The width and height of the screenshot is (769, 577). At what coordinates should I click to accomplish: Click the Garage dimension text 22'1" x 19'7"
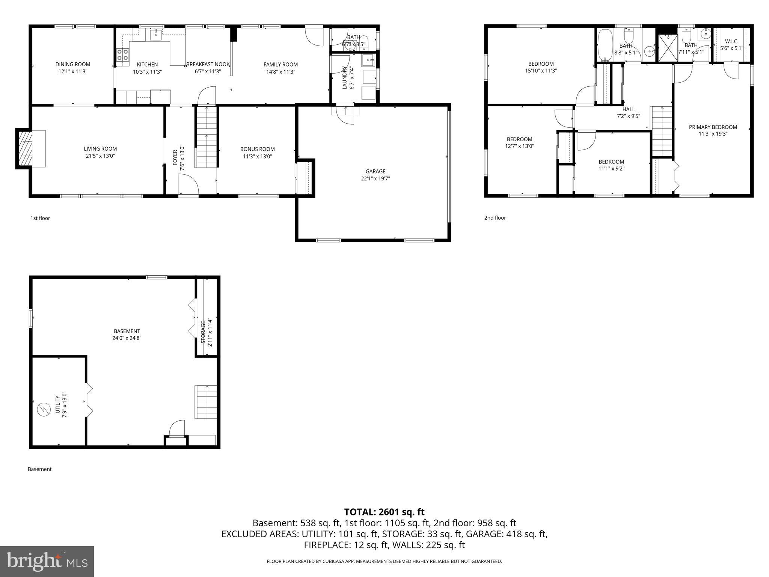tap(375, 178)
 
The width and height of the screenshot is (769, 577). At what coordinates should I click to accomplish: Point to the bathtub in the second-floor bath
tap(605, 45)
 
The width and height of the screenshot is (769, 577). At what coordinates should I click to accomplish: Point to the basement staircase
tap(206, 402)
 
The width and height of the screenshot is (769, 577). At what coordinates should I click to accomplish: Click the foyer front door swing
tap(188, 186)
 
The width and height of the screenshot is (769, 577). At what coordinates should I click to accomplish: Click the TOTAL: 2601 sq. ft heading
tap(384, 512)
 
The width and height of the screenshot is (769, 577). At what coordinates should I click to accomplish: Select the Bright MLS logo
tap(47, 561)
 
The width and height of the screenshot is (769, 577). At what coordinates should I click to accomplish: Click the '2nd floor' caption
tap(495, 218)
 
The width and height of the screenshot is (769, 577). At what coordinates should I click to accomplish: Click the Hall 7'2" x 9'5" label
tap(628, 113)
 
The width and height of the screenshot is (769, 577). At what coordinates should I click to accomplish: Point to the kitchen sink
tap(155, 35)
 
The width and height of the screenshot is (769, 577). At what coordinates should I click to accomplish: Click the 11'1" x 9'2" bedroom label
tap(611, 165)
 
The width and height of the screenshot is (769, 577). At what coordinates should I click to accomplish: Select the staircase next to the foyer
tap(206, 137)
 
